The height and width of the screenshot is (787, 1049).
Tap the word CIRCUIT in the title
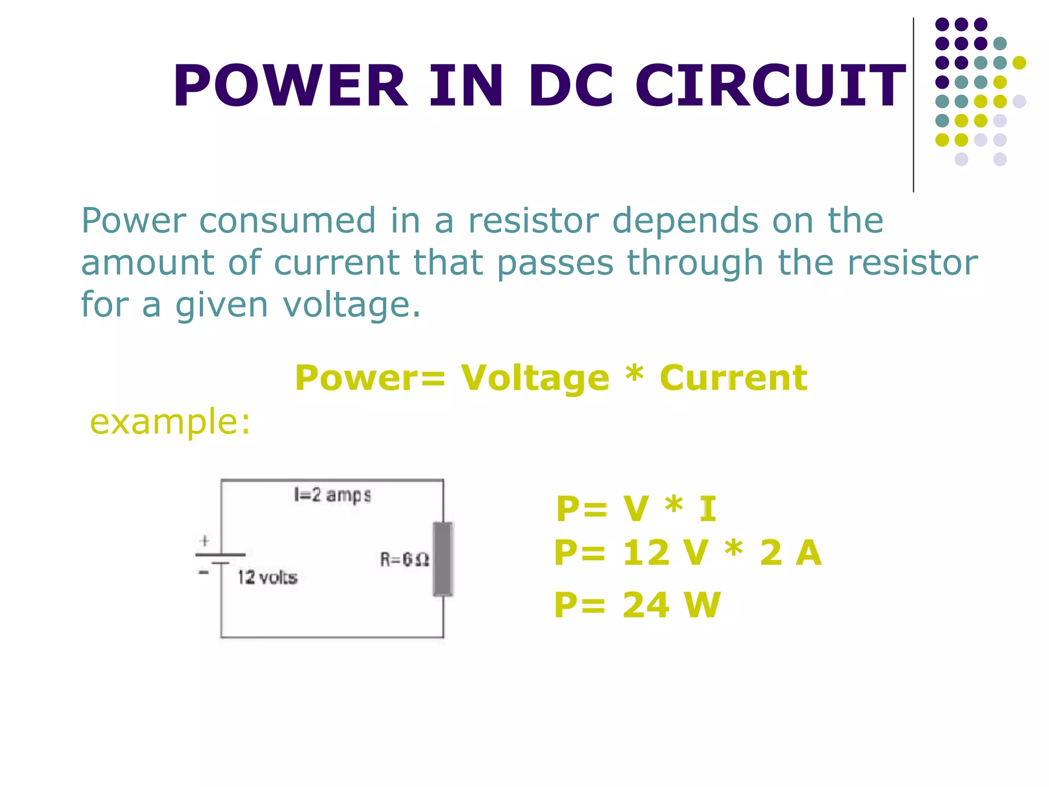pos(770,86)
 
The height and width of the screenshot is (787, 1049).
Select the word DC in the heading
pos(570,86)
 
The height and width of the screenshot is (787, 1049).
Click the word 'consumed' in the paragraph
pos(287,221)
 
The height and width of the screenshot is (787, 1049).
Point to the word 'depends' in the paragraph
pos(685,222)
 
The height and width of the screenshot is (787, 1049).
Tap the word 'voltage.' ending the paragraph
pos(351,305)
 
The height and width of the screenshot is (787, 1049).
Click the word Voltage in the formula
pos(535,378)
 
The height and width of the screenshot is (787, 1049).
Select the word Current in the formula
pos(733,378)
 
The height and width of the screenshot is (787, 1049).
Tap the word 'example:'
pos(170,422)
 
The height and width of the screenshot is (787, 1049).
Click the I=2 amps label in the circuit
pos(332,495)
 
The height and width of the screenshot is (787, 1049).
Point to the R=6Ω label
pos(404,559)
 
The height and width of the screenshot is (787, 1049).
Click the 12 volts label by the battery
pos(267,577)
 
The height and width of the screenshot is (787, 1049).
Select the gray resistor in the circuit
pos(443,559)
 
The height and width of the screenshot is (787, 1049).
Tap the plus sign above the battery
pos(205,541)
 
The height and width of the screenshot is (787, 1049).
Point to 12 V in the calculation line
pos(666,553)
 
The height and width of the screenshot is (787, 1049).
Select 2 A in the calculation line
pos(790,553)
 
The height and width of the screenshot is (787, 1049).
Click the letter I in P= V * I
pos(708,509)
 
